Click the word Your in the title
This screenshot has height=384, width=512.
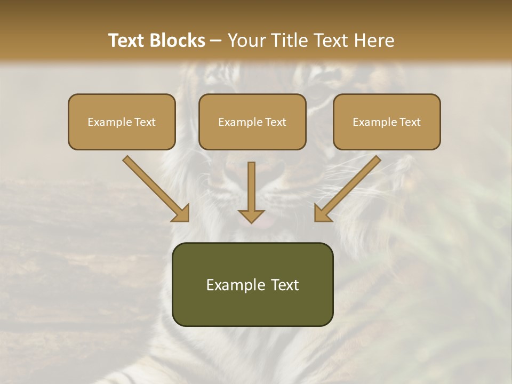[246, 41]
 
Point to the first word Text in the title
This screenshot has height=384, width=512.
[128, 41]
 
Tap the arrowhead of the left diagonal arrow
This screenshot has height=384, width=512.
[180, 214]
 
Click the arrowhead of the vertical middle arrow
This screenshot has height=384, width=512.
[251, 215]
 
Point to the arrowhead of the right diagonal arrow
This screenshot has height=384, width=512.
[322, 214]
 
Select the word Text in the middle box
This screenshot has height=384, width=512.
[275, 122]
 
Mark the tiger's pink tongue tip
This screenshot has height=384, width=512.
[265, 222]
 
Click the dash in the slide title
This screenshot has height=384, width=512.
[216, 41]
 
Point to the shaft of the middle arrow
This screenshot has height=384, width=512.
[251, 184]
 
